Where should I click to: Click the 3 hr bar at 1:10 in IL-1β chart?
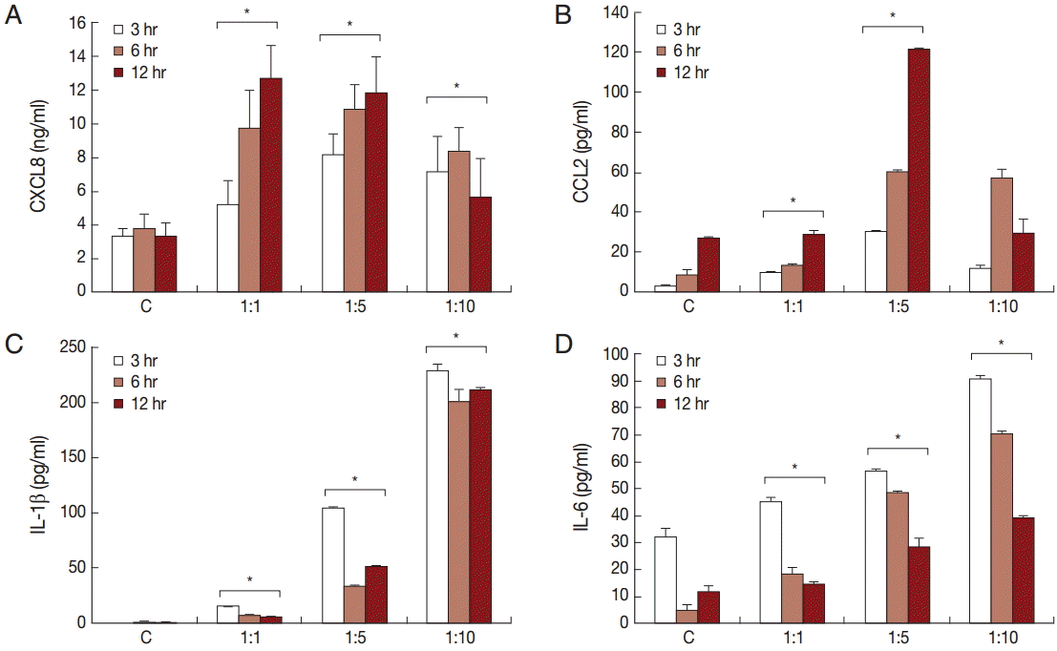pyautogui.click(x=437, y=496)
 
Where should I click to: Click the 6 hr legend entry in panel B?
pyautogui.click(x=679, y=51)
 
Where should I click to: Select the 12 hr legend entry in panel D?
pyautogui.click(x=682, y=404)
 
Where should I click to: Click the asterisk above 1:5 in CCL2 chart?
pyautogui.click(x=892, y=15)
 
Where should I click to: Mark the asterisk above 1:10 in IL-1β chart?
pyautogui.click(x=456, y=336)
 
